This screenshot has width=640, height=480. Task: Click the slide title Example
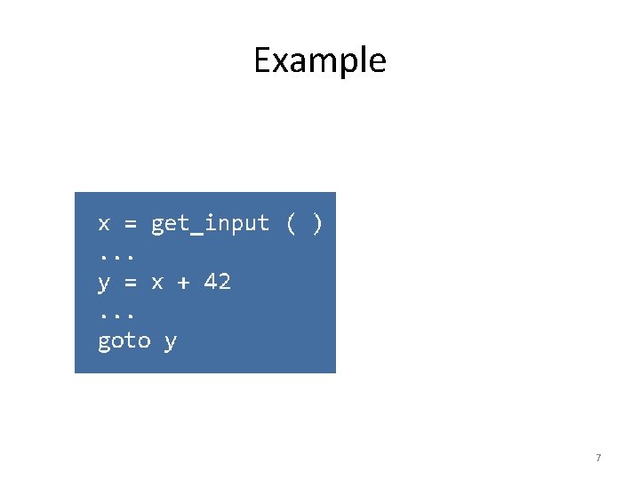(x=320, y=60)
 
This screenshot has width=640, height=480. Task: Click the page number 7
(x=598, y=458)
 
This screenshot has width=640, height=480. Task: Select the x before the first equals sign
(x=104, y=223)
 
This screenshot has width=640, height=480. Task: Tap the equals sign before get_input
(x=131, y=223)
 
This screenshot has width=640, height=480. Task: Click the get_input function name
(x=210, y=224)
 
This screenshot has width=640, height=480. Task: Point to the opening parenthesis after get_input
(x=291, y=223)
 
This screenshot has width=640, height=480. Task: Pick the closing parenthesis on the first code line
(x=317, y=223)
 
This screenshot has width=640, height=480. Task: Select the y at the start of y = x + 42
(x=104, y=284)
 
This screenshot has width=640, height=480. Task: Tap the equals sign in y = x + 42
(x=131, y=283)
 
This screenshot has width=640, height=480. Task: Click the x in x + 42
(x=157, y=283)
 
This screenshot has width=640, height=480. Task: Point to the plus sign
(x=184, y=283)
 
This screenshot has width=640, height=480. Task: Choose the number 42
(x=218, y=282)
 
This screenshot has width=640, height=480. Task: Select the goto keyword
(x=124, y=341)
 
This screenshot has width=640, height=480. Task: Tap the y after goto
(x=171, y=342)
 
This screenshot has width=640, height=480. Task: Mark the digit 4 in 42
(x=211, y=282)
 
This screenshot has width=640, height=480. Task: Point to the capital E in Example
(x=261, y=60)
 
